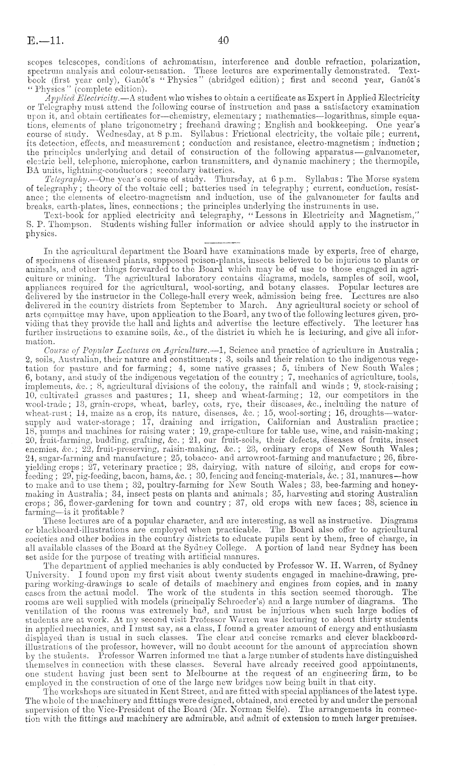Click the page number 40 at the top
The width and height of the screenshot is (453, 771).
coord(223,40)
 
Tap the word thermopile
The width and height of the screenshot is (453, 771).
coord(397,161)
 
